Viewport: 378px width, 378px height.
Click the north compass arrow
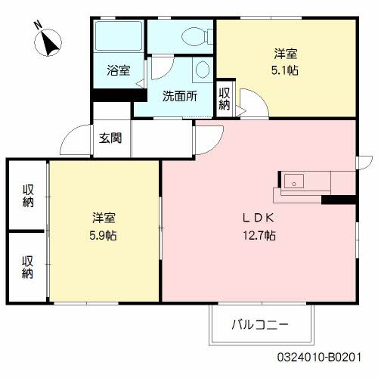click(51, 43)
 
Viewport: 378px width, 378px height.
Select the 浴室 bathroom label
click(119, 70)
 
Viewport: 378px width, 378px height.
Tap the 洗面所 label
click(180, 97)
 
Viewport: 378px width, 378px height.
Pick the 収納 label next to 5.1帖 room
click(225, 98)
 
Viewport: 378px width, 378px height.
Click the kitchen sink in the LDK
click(294, 181)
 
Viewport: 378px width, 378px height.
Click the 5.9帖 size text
click(101, 235)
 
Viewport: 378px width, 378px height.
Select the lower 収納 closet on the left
click(28, 267)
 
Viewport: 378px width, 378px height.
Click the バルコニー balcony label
click(260, 325)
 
